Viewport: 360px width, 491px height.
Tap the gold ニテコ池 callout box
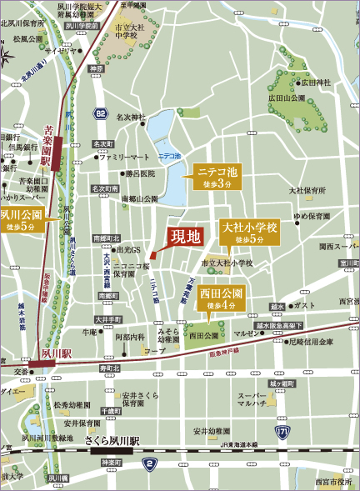[217, 177]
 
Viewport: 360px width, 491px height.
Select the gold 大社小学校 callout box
[249, 233]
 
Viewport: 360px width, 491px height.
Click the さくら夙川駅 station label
[112, 440]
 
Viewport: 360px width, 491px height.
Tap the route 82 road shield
[101, 112]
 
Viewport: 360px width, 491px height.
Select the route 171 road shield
[282, 432]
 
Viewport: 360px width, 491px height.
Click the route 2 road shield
[150, 463]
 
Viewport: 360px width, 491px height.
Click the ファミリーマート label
[124, 157]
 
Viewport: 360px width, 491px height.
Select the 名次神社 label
[131, 117]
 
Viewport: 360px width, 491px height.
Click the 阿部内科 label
[129, 338]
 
